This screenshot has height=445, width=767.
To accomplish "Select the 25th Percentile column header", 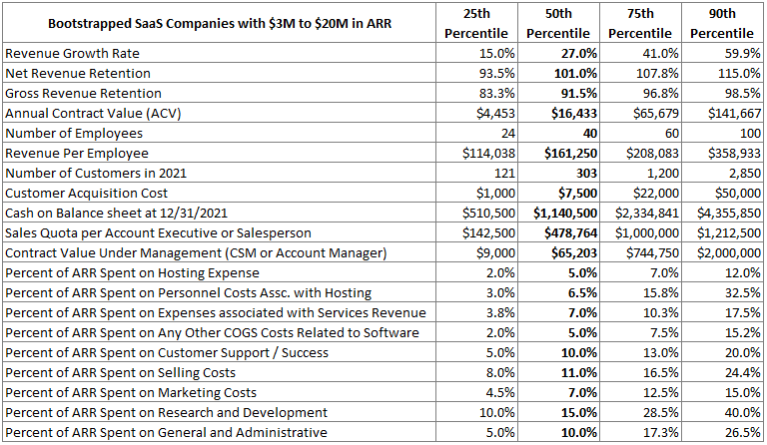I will click(x=477, y=22).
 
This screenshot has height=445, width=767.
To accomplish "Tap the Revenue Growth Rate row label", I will click(x=73, y=53).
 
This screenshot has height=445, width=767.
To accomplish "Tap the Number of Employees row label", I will click(x=74, y=133).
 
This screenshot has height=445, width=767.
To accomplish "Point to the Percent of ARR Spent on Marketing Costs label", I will click(x=131, y=392).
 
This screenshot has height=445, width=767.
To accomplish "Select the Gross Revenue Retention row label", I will click(x=78, y=93).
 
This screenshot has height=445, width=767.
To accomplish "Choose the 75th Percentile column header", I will click(x=641, y=22).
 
